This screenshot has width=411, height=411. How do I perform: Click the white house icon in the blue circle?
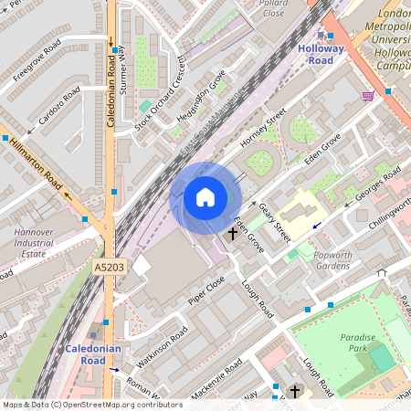pos(205,196)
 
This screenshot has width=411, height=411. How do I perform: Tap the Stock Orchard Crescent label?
pos(161,93)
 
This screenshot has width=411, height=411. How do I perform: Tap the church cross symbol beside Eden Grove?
pos(232,234)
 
